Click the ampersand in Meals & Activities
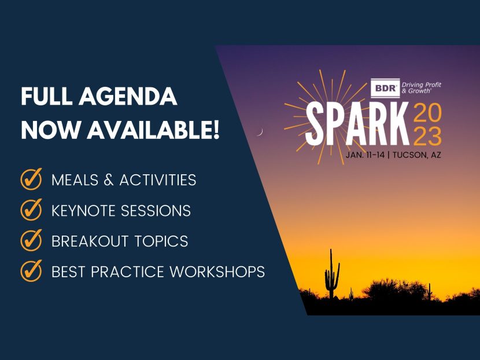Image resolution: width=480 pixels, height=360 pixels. (108, 180)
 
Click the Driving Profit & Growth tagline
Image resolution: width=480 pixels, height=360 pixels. (421, 89)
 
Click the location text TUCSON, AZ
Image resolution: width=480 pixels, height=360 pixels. (418, 156)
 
